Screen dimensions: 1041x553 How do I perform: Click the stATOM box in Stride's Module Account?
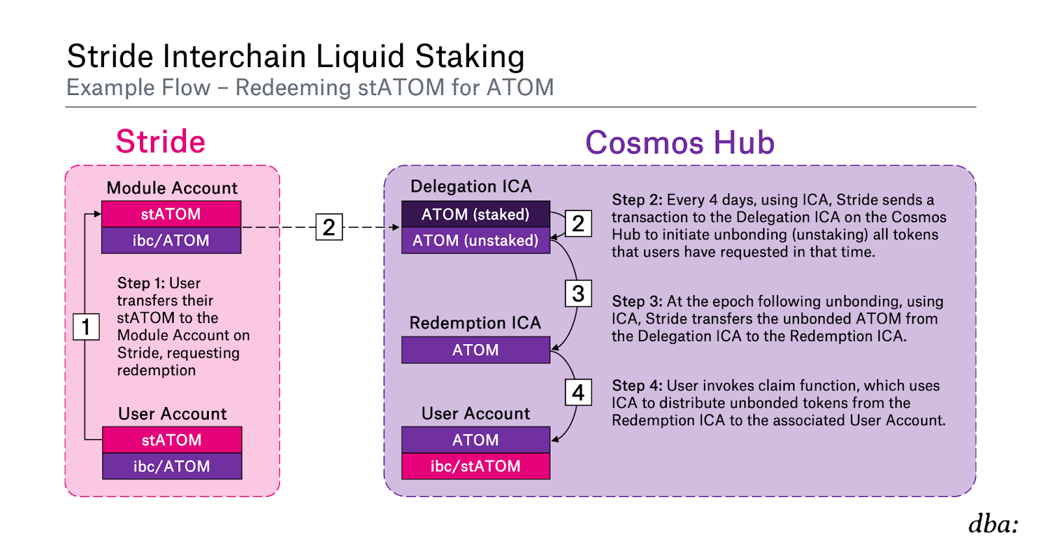click(171, 214)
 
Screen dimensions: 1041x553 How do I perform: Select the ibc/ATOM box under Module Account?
click(171, 240)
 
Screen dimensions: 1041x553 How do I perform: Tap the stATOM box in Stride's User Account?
click(172, 440)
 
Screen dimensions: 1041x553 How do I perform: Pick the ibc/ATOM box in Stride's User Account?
click(172, 466)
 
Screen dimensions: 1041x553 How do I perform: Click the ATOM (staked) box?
click(476, 214)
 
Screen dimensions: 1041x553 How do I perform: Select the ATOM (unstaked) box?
click(476, 240)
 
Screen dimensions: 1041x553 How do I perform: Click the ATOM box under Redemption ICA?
click(476, 350)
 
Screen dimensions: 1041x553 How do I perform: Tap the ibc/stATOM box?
click(476, 466)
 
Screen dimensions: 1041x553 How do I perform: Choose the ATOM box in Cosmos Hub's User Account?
click(476, 440)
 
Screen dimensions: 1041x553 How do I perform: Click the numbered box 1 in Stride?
click(86, 326)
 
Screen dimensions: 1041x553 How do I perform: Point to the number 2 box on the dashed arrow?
click(329, 227)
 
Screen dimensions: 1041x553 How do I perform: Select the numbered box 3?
click(578, 294)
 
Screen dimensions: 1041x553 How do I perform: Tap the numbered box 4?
click(578, 393)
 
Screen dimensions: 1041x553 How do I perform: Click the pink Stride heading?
click(160, 141)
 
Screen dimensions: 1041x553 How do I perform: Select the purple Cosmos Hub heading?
click(680, 142)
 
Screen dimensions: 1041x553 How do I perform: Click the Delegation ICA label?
click(471, 186)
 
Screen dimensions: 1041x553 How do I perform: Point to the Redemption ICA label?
click(475, 323)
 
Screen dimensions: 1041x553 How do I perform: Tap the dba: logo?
click(994, 524)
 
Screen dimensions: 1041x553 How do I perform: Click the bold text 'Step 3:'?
click(637, 302)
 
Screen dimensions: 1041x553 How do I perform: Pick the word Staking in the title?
click(469, 57)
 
